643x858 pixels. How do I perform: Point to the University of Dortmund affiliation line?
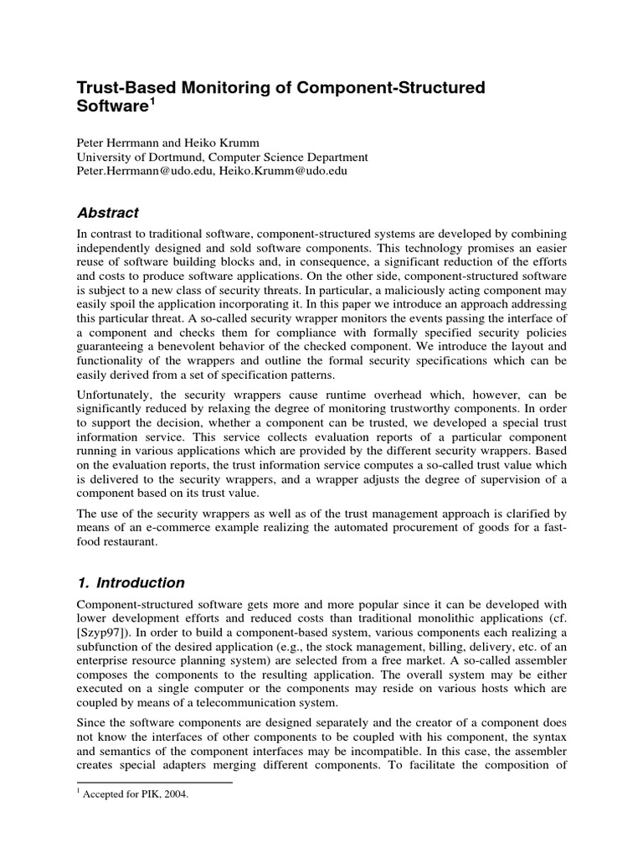222,157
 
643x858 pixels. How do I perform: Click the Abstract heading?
108,213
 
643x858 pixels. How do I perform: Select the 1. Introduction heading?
131,582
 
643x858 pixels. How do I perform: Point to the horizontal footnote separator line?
154,783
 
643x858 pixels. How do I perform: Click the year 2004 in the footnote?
177,796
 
